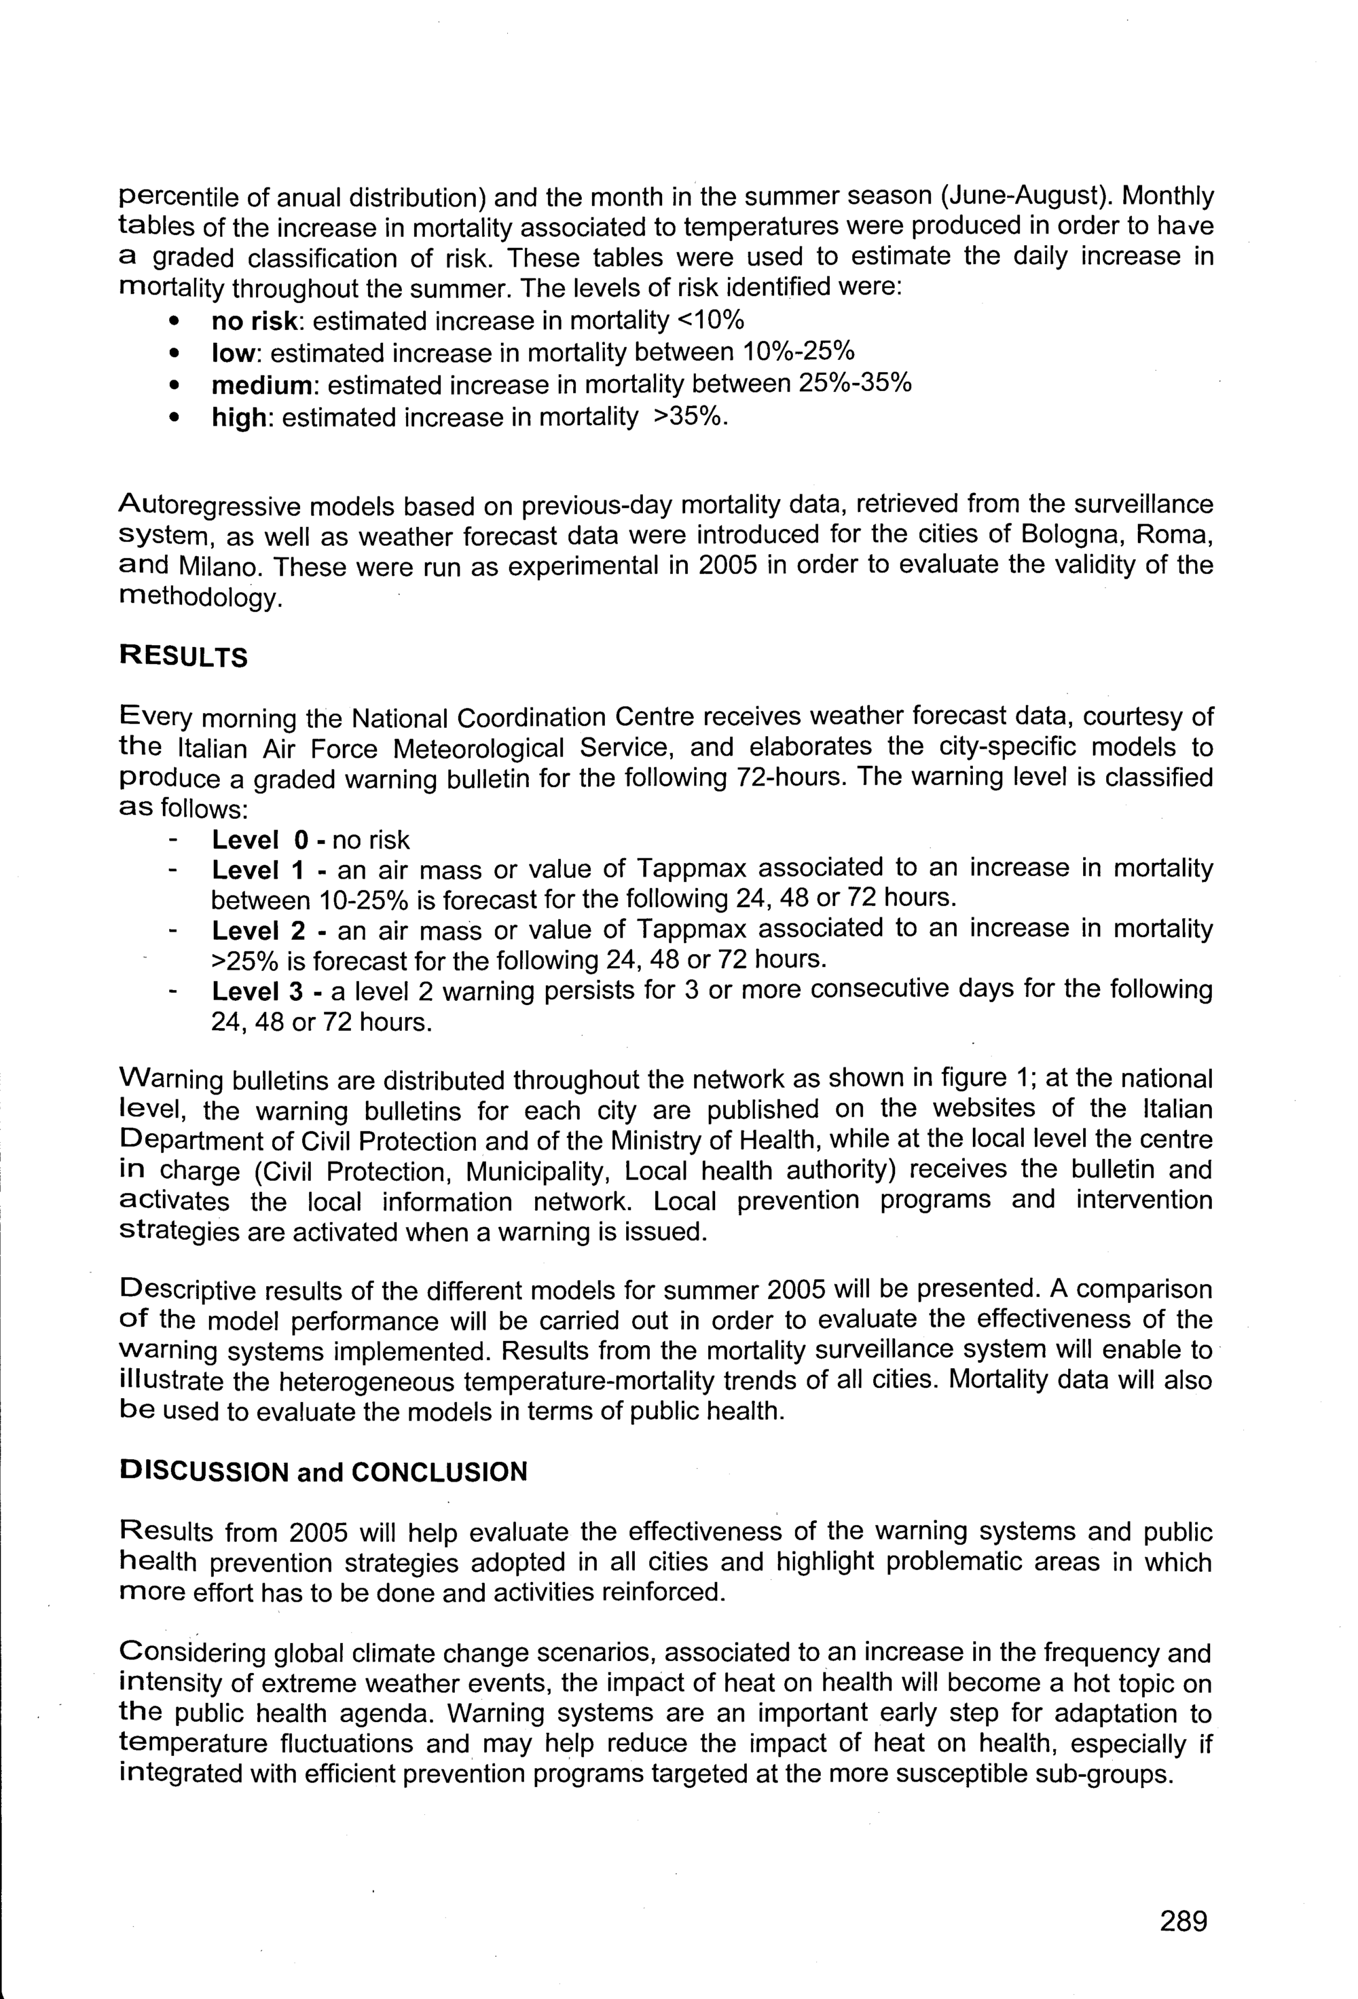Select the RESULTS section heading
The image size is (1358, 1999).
[x=183, y=657]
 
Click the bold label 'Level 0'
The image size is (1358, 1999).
[x=254, y=839]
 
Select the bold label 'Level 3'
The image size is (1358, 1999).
[x=258, y=991]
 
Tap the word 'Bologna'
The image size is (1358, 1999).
[x=1069, y=534]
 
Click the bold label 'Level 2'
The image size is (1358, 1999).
[x=258, y=930]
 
